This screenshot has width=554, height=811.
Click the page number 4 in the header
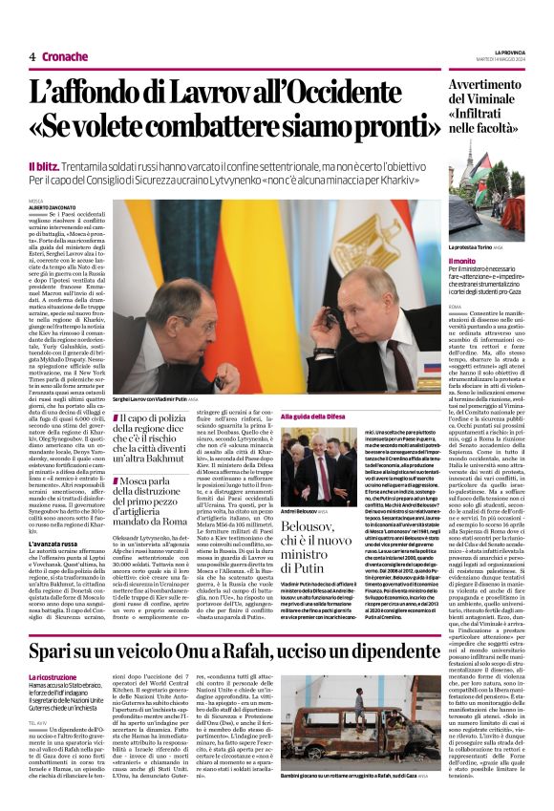tap(32, 56)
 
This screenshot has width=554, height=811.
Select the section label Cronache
tap(65, 56)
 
